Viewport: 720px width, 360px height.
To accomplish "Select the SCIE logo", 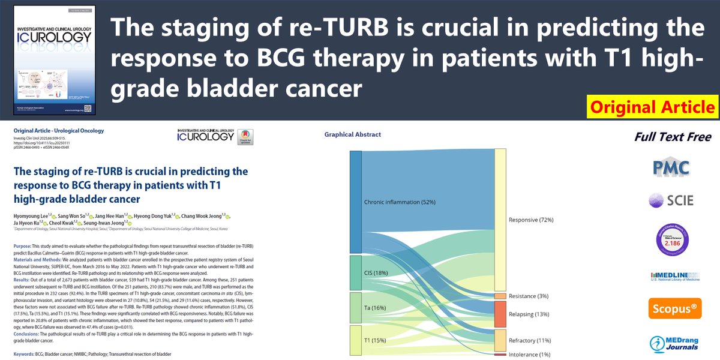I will coord(672,199).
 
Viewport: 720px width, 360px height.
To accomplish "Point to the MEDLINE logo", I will coord(672,275).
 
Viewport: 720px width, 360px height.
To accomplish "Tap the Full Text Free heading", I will coord(672,137).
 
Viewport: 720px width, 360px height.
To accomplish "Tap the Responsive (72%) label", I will coord(531,220).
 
